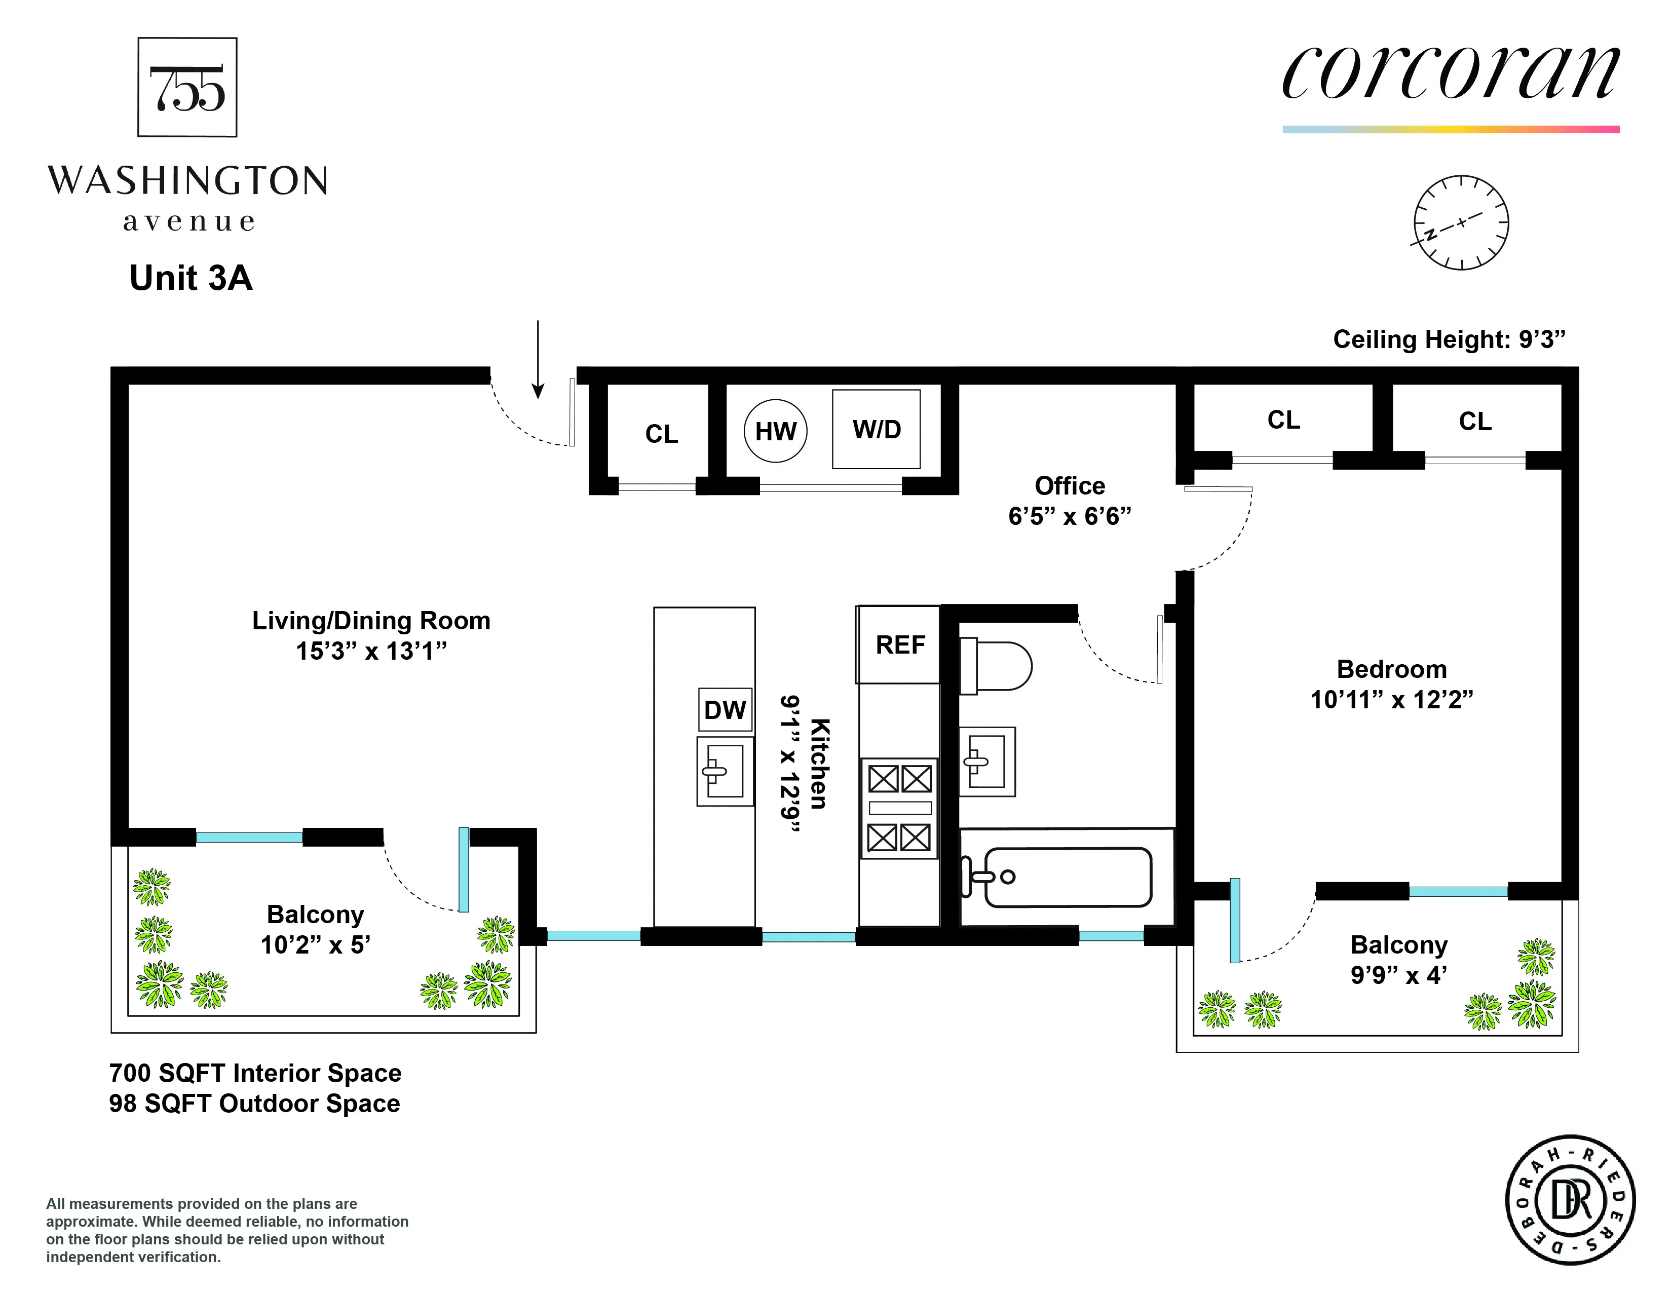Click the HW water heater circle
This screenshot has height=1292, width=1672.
coord(776,431)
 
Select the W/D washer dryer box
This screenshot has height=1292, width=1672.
coord(876,429)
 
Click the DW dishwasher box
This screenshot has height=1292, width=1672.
coord(724,709)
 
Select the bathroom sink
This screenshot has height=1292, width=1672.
coord(987,762)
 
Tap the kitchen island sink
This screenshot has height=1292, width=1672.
coord(724,771)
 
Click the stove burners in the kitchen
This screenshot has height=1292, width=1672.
coord(899,808)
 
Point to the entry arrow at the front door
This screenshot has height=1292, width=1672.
coord(538,360)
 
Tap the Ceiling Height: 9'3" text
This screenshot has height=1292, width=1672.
coord(1449,339)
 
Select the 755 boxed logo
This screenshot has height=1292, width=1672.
coord(187,87)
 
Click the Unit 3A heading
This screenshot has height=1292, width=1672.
coord(191,278)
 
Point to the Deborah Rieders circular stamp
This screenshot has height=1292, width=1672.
coord(1570,1200)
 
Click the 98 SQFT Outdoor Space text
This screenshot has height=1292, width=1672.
coord(254,1104)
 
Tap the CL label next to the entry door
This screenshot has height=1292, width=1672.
coord(661,434)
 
